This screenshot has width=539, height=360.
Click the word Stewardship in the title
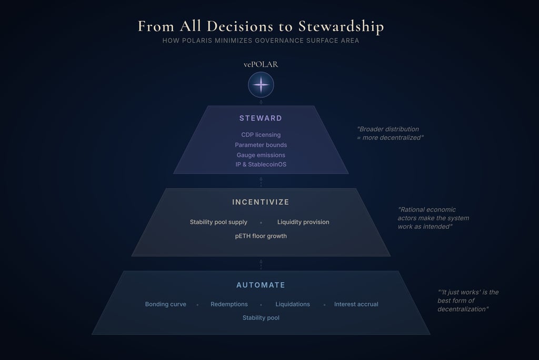pyautogui.click(x=341, y=26)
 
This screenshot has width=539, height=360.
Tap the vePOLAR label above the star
pyautogui.click(x=261, y=65)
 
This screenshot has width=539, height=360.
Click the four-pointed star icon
pyautogui.click(x=261, y=85)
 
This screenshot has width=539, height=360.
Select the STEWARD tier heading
pyautogui.click(x=261, y=118)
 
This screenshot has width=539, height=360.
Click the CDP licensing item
pyautogui.click(x=261, y=135)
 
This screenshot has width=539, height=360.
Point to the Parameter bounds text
pyautogui.click(x=261, y=145)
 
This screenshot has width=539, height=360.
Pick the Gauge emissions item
pyautogui.click(x=261, y=155)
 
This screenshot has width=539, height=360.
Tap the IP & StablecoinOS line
pyautogui.click(x=261, y=165)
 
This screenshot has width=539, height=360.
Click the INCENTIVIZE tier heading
pyautogui.click(x=261, y=202)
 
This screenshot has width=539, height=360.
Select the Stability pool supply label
pyautogui.click(x=218, y=222)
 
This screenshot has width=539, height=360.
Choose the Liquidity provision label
pyautogui.click(x=303, y=222)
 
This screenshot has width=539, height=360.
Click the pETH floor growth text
pyautogui.click(x=261, y=236)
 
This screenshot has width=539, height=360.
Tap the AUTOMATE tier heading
pyautogui.click(x=261, y=285)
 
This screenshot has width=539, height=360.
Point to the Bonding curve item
pyautogui.click(x=166, y=304)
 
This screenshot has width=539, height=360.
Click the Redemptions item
pyautogui.click(x=229, y=304)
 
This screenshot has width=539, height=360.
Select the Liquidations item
pyautogui.click(x=293, y=304)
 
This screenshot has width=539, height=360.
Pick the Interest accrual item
pyautogui.click(x=356, y=304)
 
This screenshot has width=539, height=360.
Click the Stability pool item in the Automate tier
pyautogui.click(x=261, y=318)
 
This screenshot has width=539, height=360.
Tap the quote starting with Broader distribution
pyautogui.click(x=390, y=133)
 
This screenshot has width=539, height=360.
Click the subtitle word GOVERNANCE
pyautogui.click(x=273, y=41)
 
